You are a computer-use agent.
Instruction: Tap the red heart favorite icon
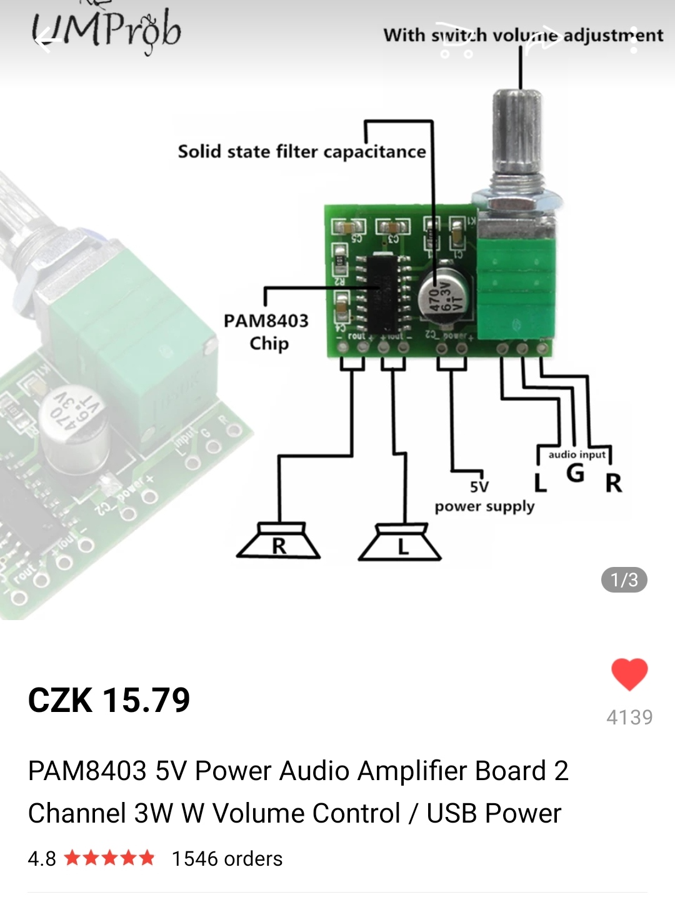629,674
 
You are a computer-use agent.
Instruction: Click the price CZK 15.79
109,700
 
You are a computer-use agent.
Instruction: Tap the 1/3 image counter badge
624,580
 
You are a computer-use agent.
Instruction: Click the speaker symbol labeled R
279,543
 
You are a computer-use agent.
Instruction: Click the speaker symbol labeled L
401,544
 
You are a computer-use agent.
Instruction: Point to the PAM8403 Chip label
266,332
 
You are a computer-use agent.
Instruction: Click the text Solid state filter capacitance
302,152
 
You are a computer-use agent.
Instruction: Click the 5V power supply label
484,498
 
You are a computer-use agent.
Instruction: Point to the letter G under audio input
575,473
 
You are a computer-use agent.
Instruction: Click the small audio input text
576,454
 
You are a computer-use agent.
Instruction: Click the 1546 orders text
227,859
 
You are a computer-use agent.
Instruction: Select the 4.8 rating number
42,859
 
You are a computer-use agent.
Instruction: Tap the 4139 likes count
629,717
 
